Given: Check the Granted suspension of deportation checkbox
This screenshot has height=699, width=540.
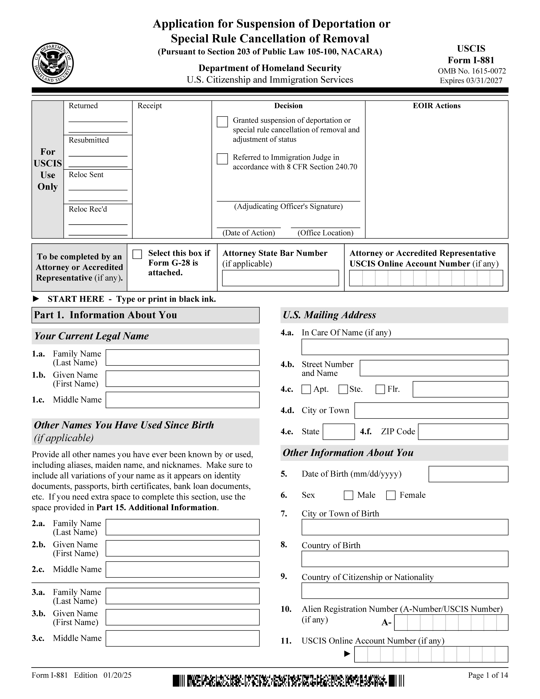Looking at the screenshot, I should pos(222,122).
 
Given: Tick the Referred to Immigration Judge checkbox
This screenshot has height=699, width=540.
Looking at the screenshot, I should pos(222,159).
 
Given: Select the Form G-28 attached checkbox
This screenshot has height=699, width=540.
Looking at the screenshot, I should pos(137,254).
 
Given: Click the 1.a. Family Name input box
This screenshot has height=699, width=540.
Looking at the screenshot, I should pos(182,358).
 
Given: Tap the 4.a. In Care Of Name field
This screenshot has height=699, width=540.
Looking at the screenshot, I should pos(405,347).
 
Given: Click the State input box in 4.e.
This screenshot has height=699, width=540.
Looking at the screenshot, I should pos(338,432).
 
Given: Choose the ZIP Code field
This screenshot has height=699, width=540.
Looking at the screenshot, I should pos(463,432).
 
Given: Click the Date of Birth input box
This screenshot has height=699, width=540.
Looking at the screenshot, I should pos(468,474).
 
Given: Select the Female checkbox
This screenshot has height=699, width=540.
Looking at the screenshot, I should pos(391,495).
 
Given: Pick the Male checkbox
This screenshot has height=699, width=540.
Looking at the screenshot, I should pos(348,495).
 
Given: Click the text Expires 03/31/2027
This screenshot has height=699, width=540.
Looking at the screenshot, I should pos(471,81).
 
